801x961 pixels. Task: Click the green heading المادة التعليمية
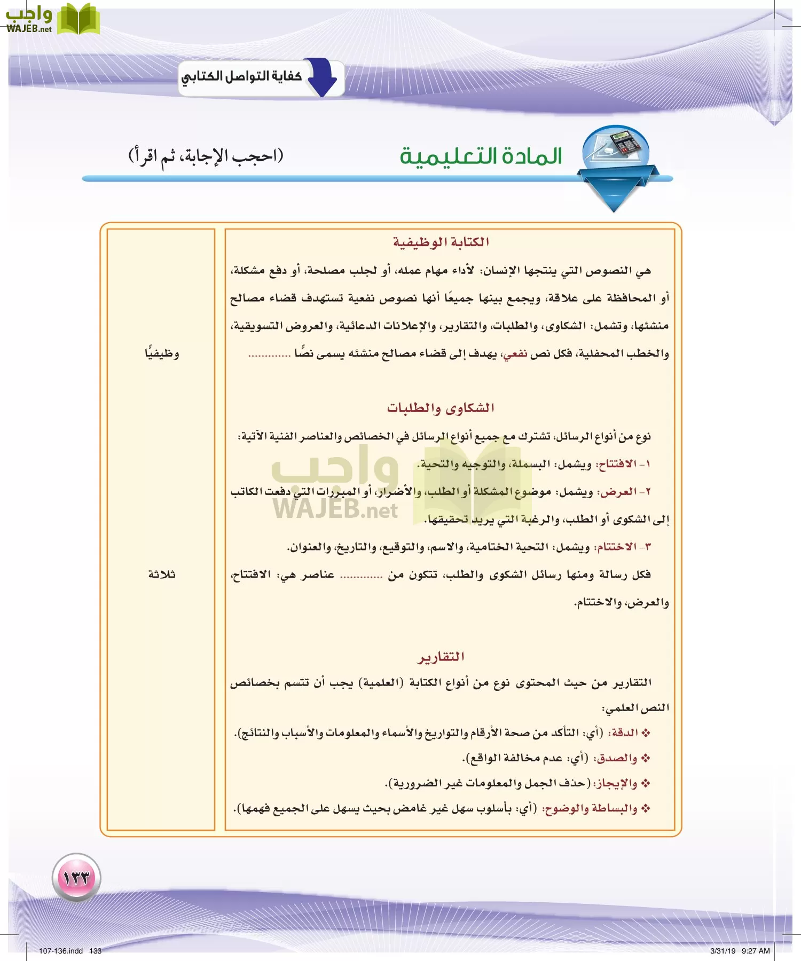click(481, 156)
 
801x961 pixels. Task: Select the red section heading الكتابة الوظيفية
click(441, 242)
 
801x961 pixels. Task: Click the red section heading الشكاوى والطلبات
click(441, 408)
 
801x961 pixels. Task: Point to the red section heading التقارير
click(441, 657)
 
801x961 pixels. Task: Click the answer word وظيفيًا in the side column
click(162, 353)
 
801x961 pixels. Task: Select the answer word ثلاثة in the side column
click(162, 574)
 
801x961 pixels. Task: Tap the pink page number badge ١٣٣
click(76, 877)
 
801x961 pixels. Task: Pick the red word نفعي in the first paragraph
click(515, 353)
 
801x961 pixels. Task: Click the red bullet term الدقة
click(624, 732)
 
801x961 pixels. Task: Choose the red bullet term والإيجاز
click(616, 783)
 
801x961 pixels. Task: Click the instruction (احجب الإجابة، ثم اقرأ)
click(206, 156)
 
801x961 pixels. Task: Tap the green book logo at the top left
click(78, 20)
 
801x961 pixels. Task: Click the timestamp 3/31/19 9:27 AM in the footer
click(740, 951)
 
